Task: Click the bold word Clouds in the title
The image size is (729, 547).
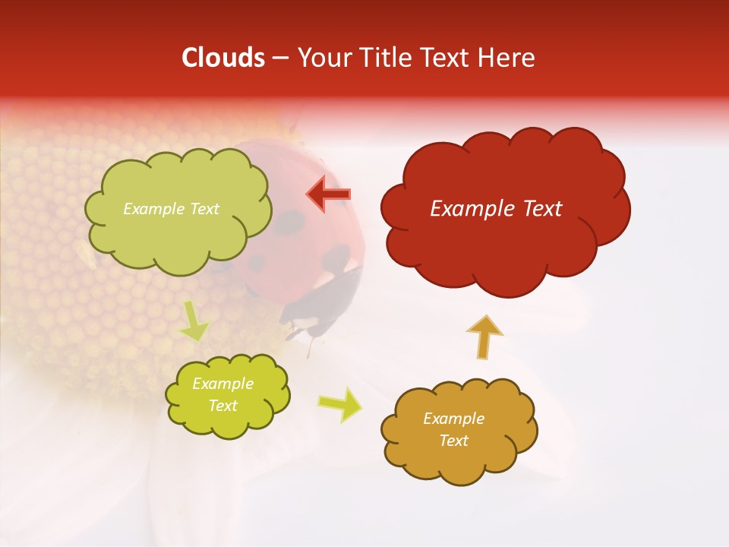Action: click(223, 58)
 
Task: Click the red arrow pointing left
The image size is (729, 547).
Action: click(329, 194)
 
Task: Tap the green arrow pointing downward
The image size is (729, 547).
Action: click(194, 321)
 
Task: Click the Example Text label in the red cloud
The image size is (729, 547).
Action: click(496, 209)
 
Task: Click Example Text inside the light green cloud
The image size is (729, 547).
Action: click(171, 209)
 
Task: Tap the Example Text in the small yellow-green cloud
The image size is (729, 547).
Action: click(222, 395)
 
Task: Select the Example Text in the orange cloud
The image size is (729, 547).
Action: click(453, 430)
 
